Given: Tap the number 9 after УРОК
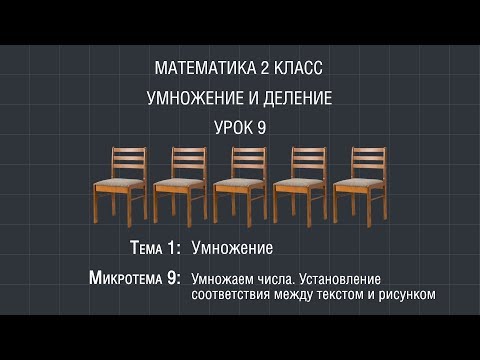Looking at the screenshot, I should pos(265,128).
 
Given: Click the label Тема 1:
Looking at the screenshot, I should pos(155,246).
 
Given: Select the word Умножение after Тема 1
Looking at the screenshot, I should pos(232,246).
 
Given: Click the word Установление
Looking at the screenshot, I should pos(343,278).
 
